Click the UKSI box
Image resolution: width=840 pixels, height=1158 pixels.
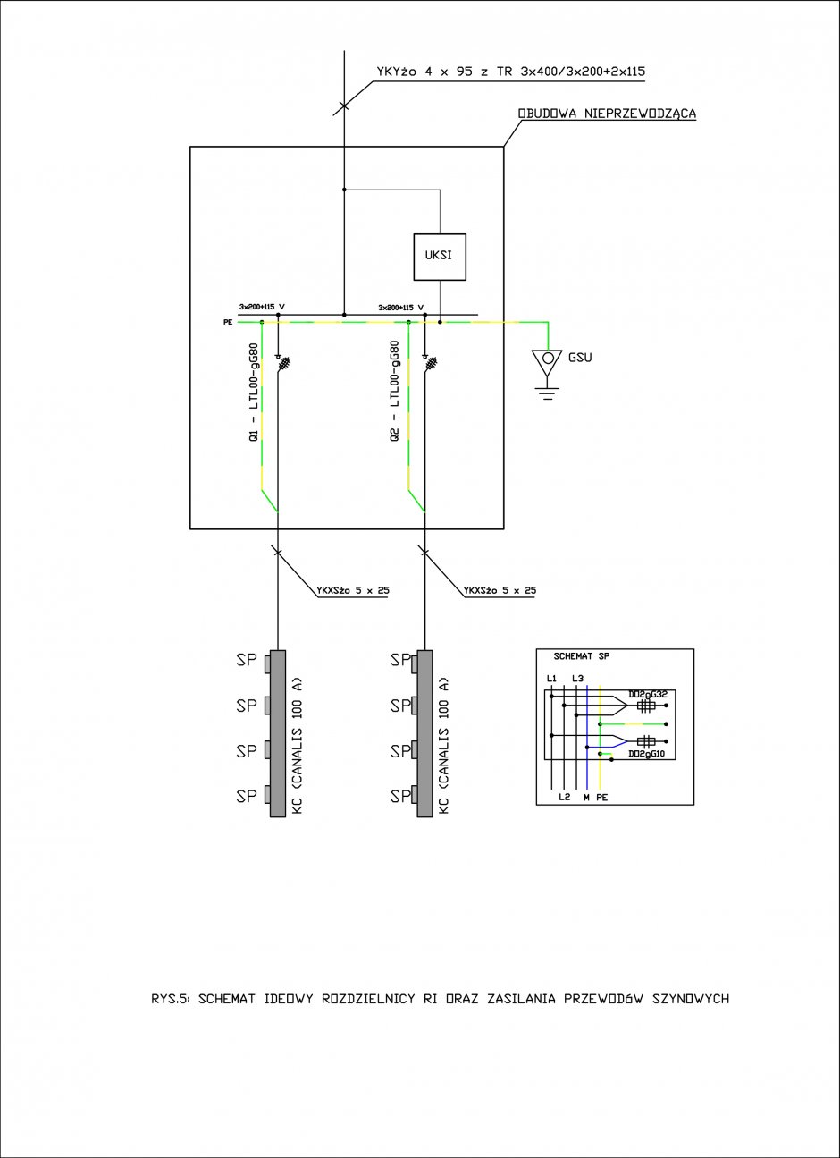(x=440, y=257)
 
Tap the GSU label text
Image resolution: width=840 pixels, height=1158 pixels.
(x=580, y=357)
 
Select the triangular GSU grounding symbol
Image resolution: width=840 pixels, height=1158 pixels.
(x=547, y=363)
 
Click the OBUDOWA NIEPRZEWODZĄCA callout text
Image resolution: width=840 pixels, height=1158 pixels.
(x=607, y=114)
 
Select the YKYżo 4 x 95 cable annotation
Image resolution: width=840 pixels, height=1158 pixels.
(x=511, y=72)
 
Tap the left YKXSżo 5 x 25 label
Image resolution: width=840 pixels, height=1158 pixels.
(x=353, y=590)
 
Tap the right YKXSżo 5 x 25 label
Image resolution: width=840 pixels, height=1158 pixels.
(x=500, y=590)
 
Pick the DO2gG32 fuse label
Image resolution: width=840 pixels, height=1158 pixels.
(x=648, y=694)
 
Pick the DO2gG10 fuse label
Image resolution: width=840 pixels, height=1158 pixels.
(x=646, y=754)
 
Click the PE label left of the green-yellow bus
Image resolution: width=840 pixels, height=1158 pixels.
(x=228, y=322)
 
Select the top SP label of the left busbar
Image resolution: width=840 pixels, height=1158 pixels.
(x=247, y=660)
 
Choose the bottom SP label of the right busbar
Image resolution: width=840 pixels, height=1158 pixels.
(x=400, y=797)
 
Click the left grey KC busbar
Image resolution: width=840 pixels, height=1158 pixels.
(x=278, y=733)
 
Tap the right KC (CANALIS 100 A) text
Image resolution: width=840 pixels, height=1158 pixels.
(x=444, y=746)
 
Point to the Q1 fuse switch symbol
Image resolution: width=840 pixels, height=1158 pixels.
(x=282, y=363)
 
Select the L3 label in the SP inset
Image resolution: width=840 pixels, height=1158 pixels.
(x=577, y=678)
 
